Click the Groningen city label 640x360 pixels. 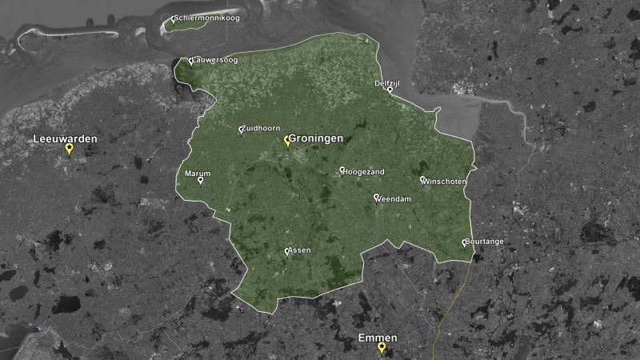pos(316,138)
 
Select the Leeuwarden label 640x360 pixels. pos(65,139)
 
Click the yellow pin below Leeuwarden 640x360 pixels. pos(69,150)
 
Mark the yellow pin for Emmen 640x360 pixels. pos(382,348)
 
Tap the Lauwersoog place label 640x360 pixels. pos(216,60)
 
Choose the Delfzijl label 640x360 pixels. pos(387,82)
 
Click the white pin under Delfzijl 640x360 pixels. pos(390,90)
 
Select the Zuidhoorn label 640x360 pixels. pos(262,128)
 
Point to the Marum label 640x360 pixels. pos(198,173)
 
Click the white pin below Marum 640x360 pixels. pos(200,181)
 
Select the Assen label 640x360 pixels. pos(299,250)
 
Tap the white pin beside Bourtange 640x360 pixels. pos(464,242)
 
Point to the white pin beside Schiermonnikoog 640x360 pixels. pos(174,17)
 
